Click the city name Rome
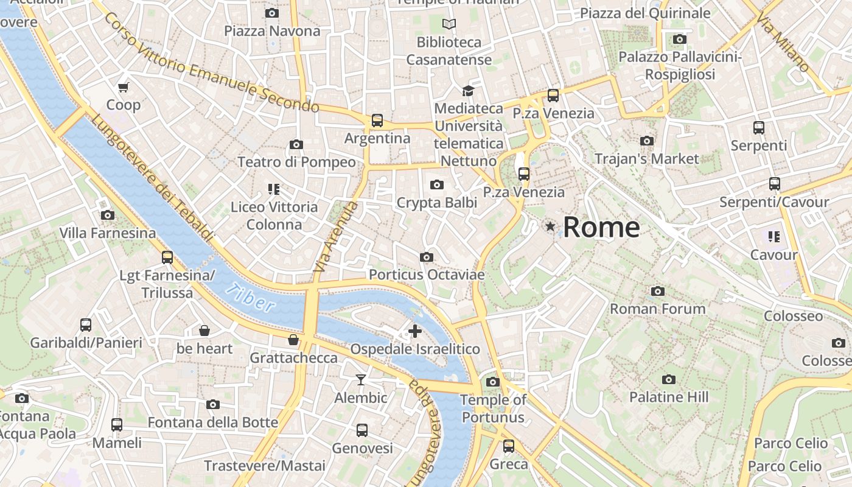point(601,228)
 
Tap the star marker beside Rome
point(551,227)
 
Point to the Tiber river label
point(250,298)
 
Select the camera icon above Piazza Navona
point(272,13)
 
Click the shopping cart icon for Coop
point(124,87)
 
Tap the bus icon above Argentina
point(377,121)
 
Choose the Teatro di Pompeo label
point(296,162)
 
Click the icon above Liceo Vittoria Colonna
point(274,189)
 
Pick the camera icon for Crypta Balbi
point(436,184)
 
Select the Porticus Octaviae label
point(427,275)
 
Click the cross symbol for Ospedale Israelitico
point(415,331)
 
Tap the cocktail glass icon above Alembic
point(361,380)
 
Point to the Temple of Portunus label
point(493,408)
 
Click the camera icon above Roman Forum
point(657,291)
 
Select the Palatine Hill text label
point(669,398)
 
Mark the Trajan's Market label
point(647,159)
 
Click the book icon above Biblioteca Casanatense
point(449,24)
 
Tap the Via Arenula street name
point(336,237)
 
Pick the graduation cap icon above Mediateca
point(468,91)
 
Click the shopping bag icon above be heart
point(204,331)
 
